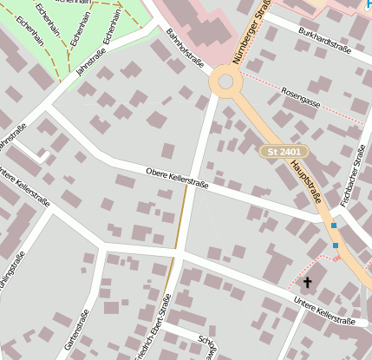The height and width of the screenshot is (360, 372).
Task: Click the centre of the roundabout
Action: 225,82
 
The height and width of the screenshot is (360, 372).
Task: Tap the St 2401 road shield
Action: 284,152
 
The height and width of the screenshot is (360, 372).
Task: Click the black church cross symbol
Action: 307,282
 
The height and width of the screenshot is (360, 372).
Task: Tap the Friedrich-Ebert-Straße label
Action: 153,326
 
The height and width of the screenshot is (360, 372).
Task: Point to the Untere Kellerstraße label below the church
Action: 324,311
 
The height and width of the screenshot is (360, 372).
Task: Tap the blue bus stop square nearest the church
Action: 336,245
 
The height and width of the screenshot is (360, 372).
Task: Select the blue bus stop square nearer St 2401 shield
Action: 333,226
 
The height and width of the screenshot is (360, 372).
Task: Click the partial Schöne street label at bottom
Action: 206,344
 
